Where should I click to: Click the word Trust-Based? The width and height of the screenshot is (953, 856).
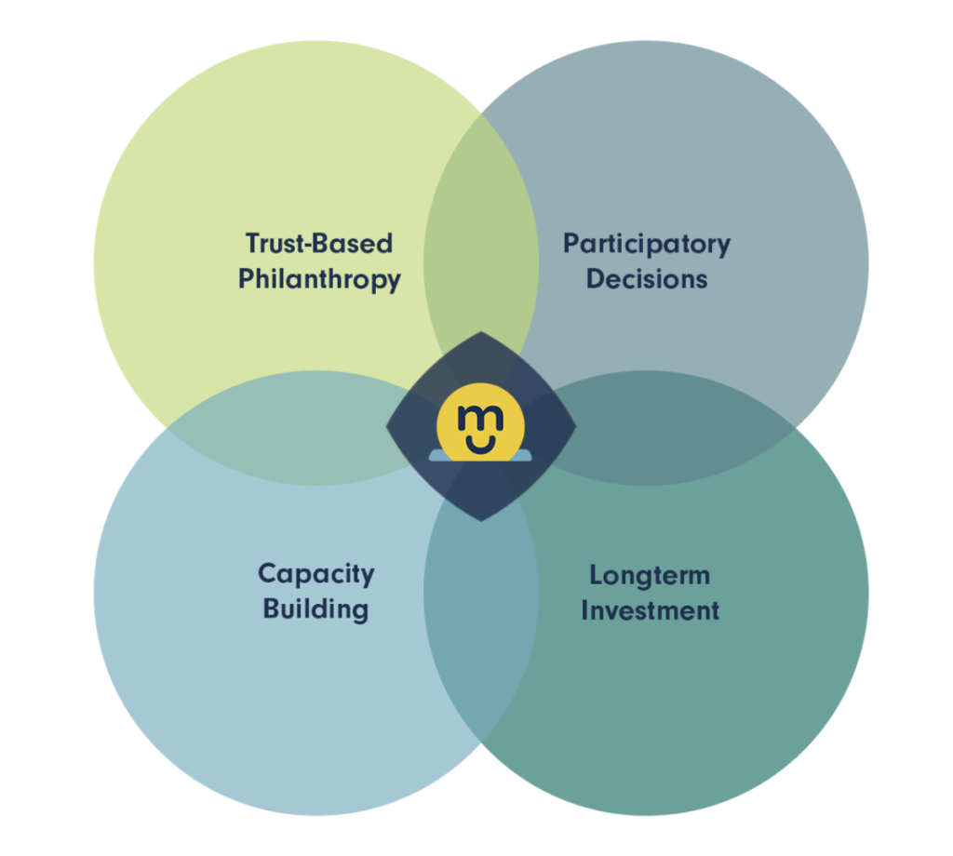[x=319, y=243]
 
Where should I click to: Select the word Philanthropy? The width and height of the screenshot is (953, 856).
[x=319, y=279]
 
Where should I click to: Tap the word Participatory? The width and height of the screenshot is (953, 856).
[x=647, y=244]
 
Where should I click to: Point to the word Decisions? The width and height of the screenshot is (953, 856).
[x=647, y=279]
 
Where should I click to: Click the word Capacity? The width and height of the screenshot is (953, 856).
[x=316, y=574]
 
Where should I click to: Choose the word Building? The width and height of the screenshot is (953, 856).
[x=316, y=609]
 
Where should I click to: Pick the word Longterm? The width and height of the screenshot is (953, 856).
[x=650, y=576]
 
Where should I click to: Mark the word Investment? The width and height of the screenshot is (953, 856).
[x=650, y=610]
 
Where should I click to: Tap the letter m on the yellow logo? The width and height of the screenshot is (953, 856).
[x=480, y=418]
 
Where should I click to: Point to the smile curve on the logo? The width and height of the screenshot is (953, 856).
[x=480, y=447]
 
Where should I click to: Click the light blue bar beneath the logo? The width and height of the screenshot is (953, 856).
[x=480, y=456]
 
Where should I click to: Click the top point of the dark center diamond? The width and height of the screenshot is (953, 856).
[x=481, y=332]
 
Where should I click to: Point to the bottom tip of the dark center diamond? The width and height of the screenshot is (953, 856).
[x=481, y=521]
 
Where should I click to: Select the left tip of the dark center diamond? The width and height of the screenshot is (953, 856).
[x=386, y=426]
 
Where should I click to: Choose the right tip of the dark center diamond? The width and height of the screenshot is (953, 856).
[x=575, y=426]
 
